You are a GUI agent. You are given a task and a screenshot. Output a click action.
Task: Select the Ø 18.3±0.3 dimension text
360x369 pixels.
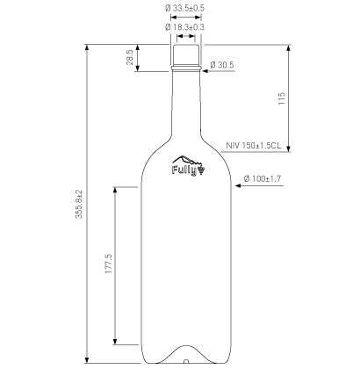tap(185, 27)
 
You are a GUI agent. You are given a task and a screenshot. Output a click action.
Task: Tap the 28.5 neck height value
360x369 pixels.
tap(130, 57)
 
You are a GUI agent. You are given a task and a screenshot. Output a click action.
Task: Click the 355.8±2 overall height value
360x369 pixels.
tap(79, 206)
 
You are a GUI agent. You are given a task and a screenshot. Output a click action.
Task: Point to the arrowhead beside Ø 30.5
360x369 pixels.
tap(204, 66)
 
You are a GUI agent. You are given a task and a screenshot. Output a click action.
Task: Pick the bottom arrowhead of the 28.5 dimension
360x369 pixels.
tap(138, 70)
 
